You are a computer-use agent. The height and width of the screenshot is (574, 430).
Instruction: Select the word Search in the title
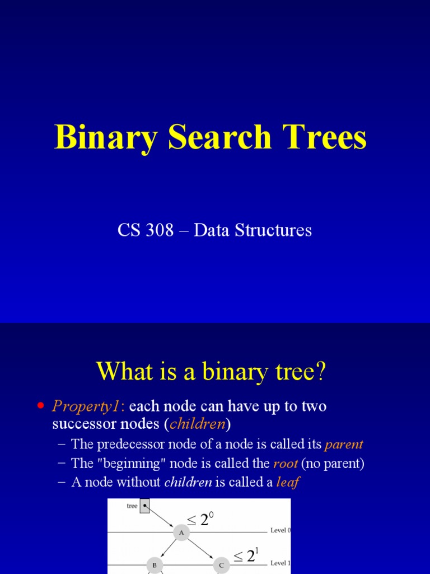pos(215,137)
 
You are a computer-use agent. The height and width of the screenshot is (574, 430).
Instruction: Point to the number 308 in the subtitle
pos(161,230)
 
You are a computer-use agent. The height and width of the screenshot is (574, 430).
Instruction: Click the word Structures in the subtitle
pos(275,230)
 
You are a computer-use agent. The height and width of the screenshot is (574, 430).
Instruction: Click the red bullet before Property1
pos(40,405)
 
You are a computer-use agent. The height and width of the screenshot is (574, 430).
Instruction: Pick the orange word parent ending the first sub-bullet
pos(344,445)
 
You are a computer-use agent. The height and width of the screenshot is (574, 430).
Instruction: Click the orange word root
pos(286,464)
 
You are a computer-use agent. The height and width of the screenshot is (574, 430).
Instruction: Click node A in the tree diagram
pos(181,533)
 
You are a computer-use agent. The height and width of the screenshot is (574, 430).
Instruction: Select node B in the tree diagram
pos(154,565)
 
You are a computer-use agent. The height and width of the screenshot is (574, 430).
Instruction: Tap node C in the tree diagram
pos(221,565)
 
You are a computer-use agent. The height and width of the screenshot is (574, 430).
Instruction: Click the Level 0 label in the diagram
pos(281,530)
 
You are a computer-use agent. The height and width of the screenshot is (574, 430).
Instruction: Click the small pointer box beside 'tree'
pos(144,506)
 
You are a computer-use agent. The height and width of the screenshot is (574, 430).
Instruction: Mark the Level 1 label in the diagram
pos(281,563)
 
